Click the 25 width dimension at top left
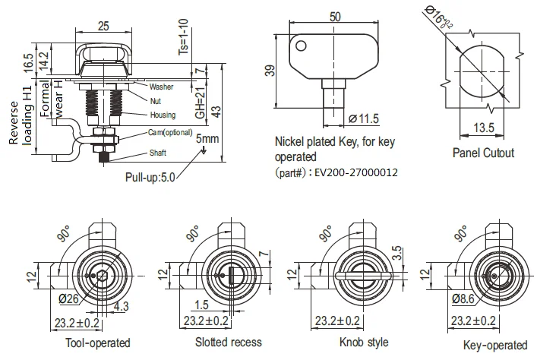(x=103, y=27)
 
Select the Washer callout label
(x=161, y=87)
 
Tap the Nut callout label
(x=155, y=100)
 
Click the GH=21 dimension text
(x=200, y=102)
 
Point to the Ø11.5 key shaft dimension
(x=364, y=118)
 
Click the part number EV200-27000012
(x=355, y=173)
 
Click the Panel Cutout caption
(x=483, y=153)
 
